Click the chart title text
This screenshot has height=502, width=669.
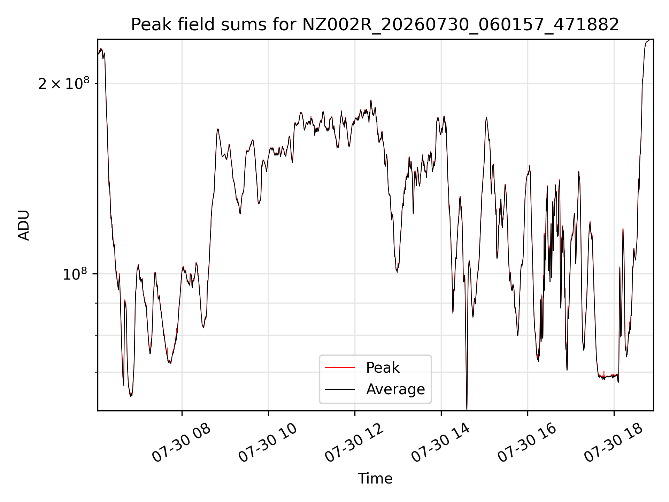coord(375,25)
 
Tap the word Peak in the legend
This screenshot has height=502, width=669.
coord(383,368)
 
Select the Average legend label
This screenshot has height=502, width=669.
coord(395,389)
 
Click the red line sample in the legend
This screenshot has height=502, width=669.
coord(340,367)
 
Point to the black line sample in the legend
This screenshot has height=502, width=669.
coord(340,389)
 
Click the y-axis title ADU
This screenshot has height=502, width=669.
coord(24,225)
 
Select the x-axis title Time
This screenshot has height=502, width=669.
coord(375,479)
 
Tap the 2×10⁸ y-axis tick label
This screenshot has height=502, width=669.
coord(64,83)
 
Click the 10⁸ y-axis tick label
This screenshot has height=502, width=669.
coord(76,274)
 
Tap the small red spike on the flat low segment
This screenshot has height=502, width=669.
coord(604,373)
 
